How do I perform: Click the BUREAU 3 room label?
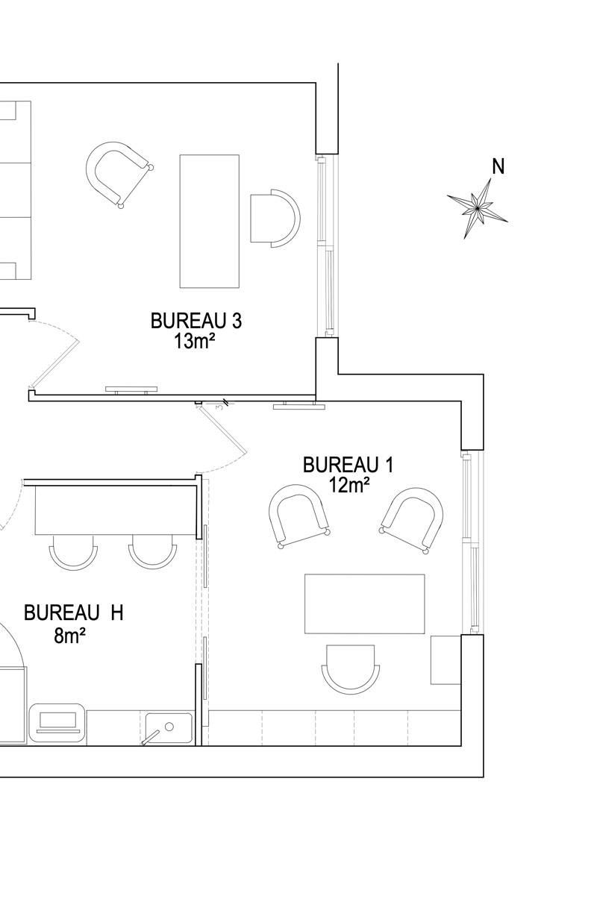pos(196,321)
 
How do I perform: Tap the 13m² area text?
pos(193,342)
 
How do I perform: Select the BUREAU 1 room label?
pos(348,465)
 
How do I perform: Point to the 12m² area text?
pos(348,485)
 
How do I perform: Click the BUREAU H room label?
pos(73,613)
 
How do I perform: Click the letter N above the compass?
pos(498,166)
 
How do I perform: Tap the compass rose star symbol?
pos(477,208)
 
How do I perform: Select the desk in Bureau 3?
pos(209,221)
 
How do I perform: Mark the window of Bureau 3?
pos(326,245)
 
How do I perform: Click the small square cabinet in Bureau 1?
pos(446,660)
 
